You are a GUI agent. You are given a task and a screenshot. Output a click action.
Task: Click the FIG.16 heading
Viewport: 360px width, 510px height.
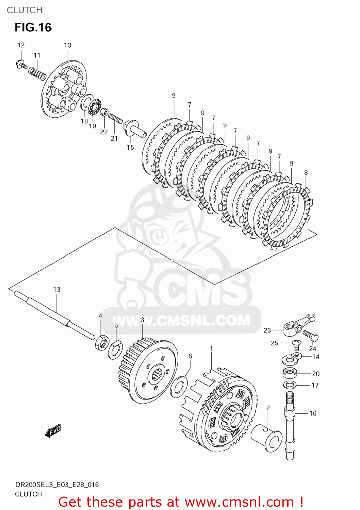[x=33, y=27]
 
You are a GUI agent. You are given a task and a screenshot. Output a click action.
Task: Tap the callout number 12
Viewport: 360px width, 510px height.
[x=21, y=45]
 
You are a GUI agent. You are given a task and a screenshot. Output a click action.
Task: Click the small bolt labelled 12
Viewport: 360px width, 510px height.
[x=21, y=64]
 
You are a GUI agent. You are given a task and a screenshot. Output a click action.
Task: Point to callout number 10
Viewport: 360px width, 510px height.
[x=67, y=45]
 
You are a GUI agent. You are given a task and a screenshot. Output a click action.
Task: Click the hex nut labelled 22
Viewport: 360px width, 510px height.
[x=104, y=112]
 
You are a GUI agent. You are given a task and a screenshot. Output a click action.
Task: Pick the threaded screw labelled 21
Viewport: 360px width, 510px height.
[x=115, y=118]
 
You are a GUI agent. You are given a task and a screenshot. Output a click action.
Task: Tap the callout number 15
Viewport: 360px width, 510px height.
[x=130, y=147]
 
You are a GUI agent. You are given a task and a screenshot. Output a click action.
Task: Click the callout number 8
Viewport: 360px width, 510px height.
[x=306, y=172]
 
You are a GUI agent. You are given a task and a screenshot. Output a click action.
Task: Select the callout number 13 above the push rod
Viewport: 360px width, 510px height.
[x=57, y=289]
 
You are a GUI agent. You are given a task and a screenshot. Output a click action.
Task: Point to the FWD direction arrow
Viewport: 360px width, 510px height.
[x=53, y=431]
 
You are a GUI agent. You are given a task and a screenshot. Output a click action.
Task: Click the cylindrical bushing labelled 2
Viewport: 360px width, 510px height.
[x=267, y=438]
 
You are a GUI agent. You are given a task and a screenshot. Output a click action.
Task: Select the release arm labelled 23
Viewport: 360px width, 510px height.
[x=299, y=325]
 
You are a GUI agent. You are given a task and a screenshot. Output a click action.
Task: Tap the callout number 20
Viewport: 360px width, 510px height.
[x=316, y=374]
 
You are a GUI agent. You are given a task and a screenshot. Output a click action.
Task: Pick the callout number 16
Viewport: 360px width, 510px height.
[x=313, y=413]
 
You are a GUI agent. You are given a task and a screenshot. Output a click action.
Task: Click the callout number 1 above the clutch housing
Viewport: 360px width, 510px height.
[x=211, y=348]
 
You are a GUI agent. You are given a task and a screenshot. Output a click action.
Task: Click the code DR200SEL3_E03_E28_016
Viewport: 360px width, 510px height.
[x=57, y=485]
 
